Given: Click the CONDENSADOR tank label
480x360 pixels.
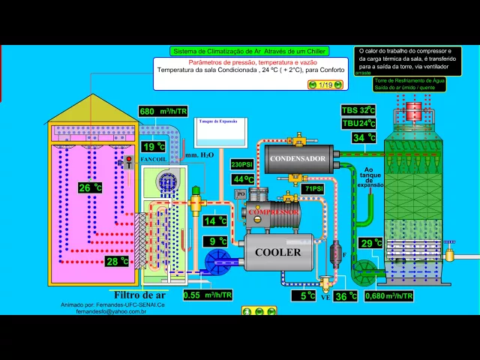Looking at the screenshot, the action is (x=298, y=159).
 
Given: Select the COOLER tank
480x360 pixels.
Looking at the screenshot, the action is (x=278, y=252).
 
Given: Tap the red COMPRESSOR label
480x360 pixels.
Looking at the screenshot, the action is (x=274, y=212).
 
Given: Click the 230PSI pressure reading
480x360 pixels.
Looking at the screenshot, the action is (x=243, y=164).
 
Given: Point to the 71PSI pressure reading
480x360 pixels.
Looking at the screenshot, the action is (x=313, y=189).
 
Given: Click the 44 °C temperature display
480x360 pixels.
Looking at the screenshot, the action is (x=243, y=179).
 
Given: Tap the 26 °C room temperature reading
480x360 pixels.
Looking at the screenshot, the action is (x=89, y=187).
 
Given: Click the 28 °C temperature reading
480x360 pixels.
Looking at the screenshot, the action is (x=116, y=261).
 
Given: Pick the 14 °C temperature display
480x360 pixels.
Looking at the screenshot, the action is (x=215, y=221).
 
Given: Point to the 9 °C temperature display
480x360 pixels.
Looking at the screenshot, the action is (x=217, y=241).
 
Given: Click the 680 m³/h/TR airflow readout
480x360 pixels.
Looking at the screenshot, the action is (x=163, y=112).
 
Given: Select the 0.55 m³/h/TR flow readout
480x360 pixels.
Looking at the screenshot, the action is (x=207, y=295).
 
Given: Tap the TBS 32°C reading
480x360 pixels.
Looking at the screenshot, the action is (x=358, y=110).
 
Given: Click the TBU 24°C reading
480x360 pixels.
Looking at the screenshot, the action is (x=358, y=123).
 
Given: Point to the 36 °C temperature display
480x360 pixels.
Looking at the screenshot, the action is (x=345, y=295).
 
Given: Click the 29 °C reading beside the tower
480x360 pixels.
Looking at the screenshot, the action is (x=370, y=243).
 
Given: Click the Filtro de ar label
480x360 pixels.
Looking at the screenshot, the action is (x=139, y=295).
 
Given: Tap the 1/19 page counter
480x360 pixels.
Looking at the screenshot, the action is (x=325, y=85).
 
